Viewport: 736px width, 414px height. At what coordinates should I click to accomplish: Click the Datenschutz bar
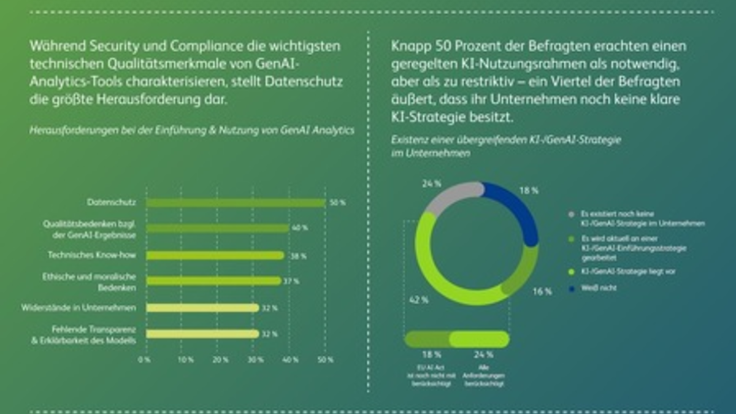point(236,202)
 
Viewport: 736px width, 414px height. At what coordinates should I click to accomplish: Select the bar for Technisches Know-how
point(215,255)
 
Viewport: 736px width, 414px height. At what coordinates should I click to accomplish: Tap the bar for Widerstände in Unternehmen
point(202,307)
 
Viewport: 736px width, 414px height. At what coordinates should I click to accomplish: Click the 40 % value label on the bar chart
point(300,228)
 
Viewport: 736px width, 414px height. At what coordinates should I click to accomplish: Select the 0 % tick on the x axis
point(145,360)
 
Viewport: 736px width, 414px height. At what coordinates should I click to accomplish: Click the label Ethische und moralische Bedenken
point(94,282)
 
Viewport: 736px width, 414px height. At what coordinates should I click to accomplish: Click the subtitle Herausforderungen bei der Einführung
point(191,129)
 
